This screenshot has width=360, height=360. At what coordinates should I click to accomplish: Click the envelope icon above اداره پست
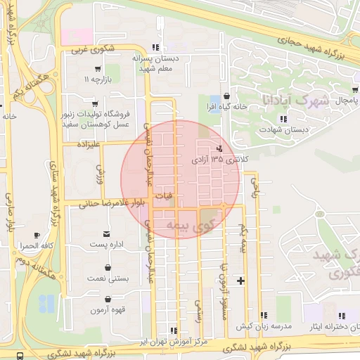tap(107, 233)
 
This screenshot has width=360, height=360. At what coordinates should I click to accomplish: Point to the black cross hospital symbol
tap(241, 281)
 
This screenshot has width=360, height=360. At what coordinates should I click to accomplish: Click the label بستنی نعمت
tap(108, 279)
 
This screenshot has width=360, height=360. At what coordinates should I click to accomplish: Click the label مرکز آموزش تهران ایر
tap(174, 341)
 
